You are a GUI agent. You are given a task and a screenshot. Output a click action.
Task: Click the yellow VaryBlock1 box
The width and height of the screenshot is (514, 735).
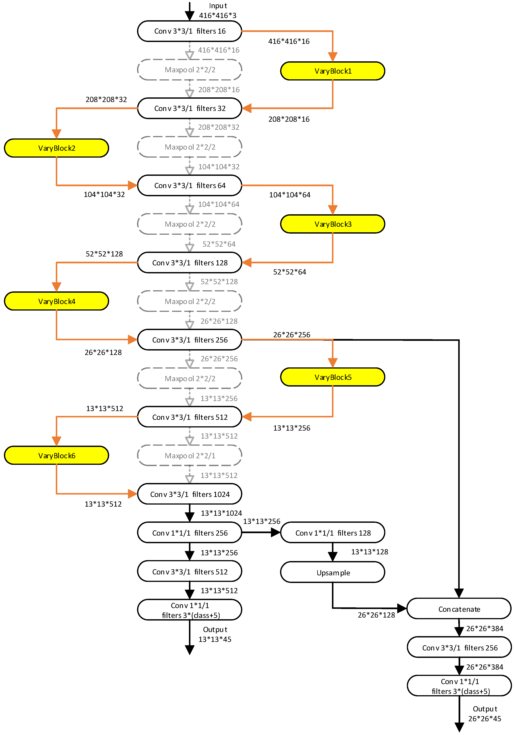pyautogui.click(x=333, y=71)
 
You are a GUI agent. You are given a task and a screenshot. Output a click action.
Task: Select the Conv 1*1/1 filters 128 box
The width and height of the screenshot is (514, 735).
pyautogui.click(x=333, y=533)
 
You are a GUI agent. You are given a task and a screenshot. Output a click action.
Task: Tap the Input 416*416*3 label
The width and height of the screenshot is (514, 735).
pyautogui.click(x=218, y=11)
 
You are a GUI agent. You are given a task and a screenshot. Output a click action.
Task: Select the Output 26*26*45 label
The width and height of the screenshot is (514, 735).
pyautogui.click(x=485, y=714)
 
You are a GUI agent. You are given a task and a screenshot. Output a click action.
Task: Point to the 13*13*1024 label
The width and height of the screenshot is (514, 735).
pyautogui.click(x=221, y=513)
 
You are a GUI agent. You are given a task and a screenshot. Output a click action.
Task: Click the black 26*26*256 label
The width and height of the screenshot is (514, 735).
pyautogui.click(x=291, y=335)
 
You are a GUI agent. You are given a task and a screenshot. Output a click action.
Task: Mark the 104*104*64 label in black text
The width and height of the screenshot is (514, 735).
pyautogui.click(x=290, y=195)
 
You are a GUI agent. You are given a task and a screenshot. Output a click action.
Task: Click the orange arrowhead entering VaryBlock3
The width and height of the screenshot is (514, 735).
pyautogui.click(x=333, y=210)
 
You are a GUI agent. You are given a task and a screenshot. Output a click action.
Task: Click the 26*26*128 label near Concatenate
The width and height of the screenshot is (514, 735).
pyautogui.click(x=376, y=615)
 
